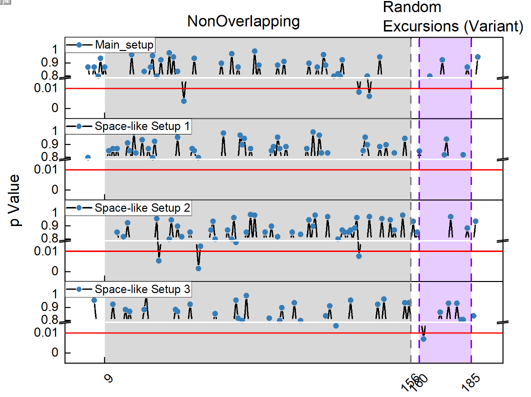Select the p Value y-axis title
pyautogui.click(x=16, y=200)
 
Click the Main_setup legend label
pyautogui.click(x=124, y=44)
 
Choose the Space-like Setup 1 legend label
pyautogui.click(x=142, y=126)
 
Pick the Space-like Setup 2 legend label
pyautogui.click(x=142, y=208)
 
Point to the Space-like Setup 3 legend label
pyautogui.click(x=142, y=289)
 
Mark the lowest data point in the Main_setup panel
pyautogui.click(x=184, y=101)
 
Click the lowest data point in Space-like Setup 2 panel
pyautogui.click(x=198, y=268)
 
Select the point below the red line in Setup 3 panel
pyautogui.click(x=423, y=339)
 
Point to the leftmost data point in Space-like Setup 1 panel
pyautogui.click(x=88, y=158)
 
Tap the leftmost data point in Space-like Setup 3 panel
pyautogui.click(x=94, y=300)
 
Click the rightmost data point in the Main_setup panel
pyautogui.click(x=477, y=57)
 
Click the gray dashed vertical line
pyautogui.click(x=411, y=200)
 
